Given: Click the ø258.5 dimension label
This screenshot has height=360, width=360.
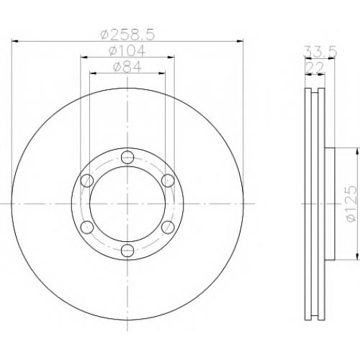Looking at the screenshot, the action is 127,35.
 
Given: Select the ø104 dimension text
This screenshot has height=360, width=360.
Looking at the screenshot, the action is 127,50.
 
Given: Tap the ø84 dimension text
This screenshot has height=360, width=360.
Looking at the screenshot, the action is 127,66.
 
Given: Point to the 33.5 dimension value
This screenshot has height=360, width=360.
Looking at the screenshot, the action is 320,51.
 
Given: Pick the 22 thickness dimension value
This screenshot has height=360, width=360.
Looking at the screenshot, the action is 315,68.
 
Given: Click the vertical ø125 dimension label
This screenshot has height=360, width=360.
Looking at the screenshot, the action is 350,204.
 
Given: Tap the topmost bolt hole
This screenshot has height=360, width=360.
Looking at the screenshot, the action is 127,157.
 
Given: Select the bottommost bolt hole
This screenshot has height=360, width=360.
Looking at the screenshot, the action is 127,251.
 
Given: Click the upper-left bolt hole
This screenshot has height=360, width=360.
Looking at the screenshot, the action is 87,181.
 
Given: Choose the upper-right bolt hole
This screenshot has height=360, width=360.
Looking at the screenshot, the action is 168,181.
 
